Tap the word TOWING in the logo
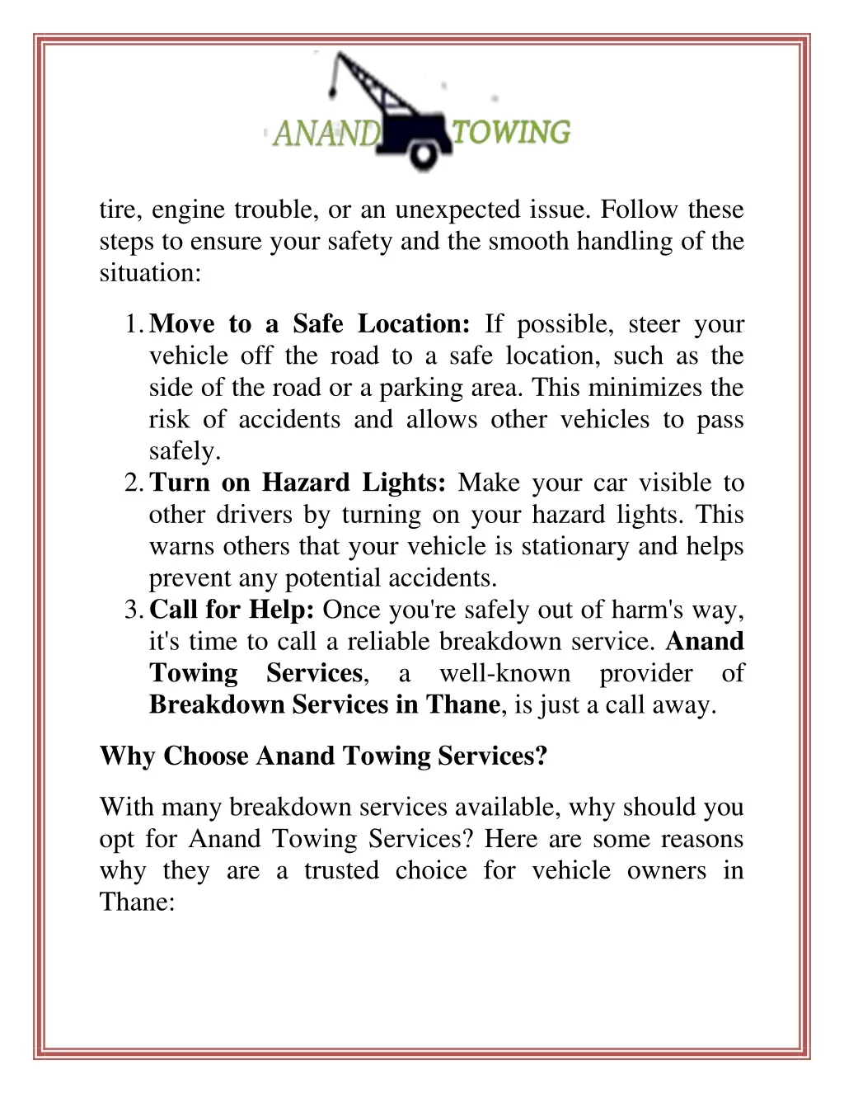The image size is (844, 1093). click(x=511, y=132)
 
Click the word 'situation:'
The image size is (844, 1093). click(x=150, y=273)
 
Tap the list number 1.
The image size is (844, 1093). click(x=134, y=324)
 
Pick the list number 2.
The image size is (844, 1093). click(x=134, y=483)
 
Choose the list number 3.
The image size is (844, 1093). click(x=134, y=610)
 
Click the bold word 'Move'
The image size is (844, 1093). click(x=182, y=324)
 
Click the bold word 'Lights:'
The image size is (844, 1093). click(x=404, y=483)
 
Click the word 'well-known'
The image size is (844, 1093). click(x=504, y=673)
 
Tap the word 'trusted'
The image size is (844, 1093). click(x=341, y=870)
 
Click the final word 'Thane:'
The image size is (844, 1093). click(x=137, y=902)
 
